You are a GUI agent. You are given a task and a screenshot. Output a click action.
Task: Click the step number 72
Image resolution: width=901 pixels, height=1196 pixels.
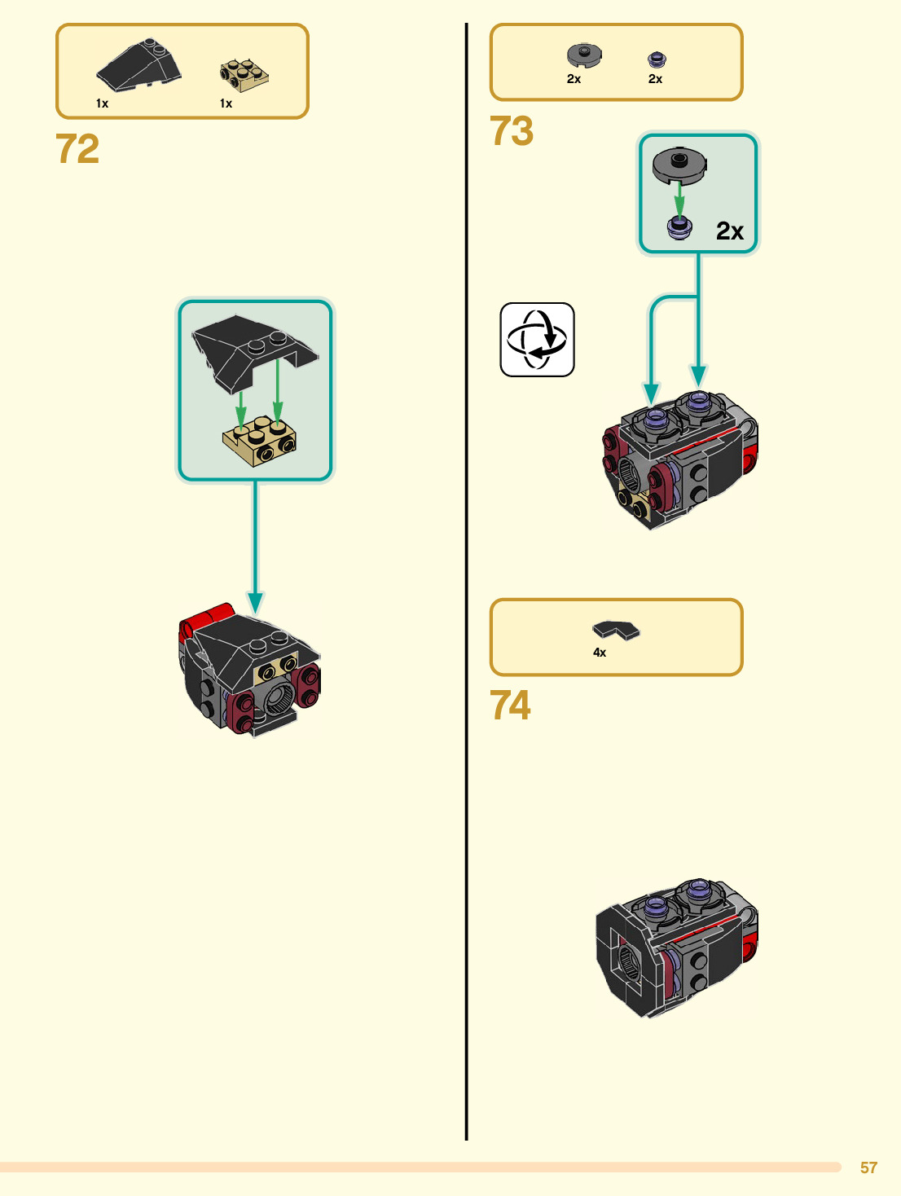77,149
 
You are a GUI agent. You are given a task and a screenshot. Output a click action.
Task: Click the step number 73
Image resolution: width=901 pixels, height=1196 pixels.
512,131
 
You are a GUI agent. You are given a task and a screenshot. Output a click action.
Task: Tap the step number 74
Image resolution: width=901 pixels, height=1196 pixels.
511,706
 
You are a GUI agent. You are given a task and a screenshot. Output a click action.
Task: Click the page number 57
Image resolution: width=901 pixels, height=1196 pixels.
868,1167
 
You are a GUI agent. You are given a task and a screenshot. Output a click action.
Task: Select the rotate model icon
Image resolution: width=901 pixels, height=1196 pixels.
537,340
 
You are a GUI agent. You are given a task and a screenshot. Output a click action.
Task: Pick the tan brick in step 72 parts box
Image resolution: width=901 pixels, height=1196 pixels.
244,74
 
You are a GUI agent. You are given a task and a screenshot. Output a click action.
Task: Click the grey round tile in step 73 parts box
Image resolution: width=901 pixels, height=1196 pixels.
584,55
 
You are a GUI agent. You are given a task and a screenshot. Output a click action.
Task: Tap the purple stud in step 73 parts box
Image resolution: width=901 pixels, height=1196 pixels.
657,59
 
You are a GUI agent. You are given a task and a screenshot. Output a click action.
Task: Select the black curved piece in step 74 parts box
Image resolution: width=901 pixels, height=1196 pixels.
616,630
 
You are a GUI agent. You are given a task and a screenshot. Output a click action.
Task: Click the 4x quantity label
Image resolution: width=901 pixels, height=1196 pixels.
600,653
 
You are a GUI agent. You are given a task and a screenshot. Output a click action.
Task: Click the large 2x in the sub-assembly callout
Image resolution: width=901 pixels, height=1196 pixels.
730,231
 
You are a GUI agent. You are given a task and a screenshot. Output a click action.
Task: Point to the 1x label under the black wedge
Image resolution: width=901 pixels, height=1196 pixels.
102,103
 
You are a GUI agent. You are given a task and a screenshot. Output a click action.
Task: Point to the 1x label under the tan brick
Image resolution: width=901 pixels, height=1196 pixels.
226,103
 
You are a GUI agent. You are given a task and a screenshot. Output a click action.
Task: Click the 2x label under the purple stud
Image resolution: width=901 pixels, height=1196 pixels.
655,79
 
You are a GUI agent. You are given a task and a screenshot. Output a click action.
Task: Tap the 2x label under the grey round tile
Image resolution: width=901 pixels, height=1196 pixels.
574,79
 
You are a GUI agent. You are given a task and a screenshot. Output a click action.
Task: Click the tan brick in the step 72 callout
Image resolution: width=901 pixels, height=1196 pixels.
259,441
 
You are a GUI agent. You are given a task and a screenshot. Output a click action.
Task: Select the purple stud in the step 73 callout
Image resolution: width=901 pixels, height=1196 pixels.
679,227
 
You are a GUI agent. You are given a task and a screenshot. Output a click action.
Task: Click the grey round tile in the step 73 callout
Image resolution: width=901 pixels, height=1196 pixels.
679,166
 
